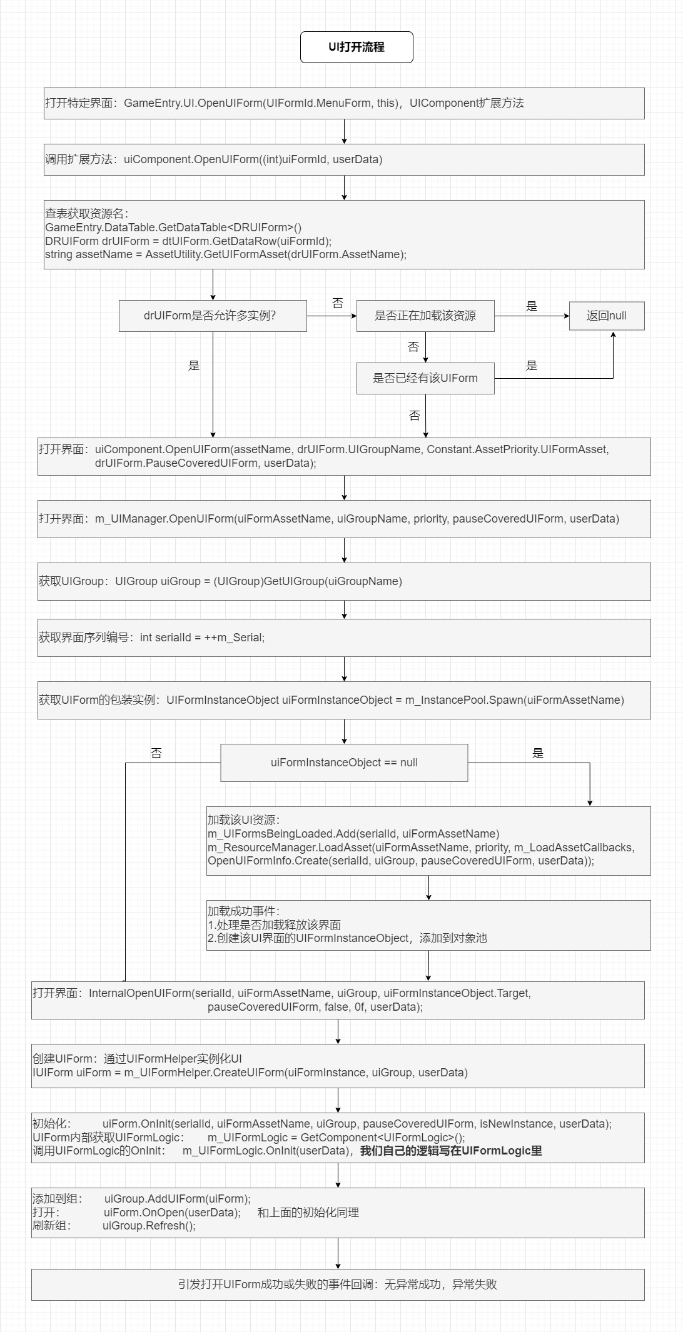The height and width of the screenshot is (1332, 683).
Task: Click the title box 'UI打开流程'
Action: tap(357, 48)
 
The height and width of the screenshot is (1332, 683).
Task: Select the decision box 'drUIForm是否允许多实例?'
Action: tap(213, 316)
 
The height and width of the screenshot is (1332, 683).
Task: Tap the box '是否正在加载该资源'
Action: tap(425, 316)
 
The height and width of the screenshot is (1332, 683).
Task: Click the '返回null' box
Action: tap(607, 316)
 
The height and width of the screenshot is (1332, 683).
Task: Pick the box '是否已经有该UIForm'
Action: tap(425, 378)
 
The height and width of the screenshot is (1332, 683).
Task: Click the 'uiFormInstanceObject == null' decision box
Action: tap(344, 763)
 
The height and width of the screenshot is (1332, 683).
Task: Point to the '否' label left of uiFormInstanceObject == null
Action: tap(156, 753)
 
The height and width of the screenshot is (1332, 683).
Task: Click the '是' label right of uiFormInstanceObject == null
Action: tap(538, 753)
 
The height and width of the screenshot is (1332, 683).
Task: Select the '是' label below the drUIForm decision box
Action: tap(194, 366)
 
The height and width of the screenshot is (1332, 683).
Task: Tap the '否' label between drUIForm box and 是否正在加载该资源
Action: tap(338, 303)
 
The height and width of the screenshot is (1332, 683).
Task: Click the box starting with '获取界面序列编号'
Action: tap(344, 638)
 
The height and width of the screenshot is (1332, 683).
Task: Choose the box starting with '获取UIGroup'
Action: tap(344, 581)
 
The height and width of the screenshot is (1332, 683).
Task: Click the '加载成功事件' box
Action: tap(428, 925)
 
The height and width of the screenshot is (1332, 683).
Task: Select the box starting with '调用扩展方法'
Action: tap(344, 159)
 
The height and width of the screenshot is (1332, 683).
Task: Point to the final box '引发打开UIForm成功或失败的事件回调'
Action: tap(338, 1284)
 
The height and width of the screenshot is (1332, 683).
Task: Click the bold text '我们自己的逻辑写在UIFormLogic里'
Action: tap(451, 1151)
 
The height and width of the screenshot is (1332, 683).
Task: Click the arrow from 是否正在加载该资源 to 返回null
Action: tap(532, 316)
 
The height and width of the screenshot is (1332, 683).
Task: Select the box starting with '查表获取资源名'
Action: tap(344, 234)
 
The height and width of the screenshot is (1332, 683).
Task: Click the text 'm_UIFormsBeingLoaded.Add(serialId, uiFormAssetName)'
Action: tap(353, 834)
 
